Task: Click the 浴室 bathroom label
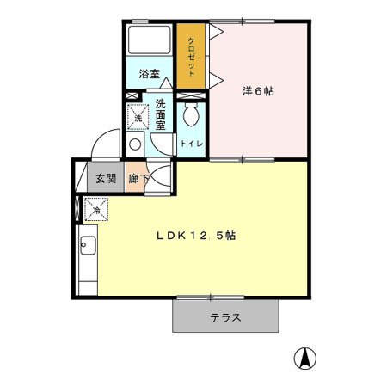pyautogui.click(x=149, y=74)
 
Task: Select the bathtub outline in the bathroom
pyautogui.click(x=150, y=42)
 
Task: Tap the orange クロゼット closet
pyautogui.click(x=192, y=55)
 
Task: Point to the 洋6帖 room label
pyautogui.click(x=258, y=89)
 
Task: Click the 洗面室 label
pyautogui.click(x=161, y=114)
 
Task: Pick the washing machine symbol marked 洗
pyautogui.click(x=138, y=117)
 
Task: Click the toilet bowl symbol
pyautogui.click(x=191, y=115)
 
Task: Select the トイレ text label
pyautogui.click(x=191, y=144)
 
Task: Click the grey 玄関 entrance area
pyautogui.click(x=105, y=179)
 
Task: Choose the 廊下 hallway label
pyautogui.click(x=137, y=179)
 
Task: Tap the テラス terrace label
pyautogui.click(x=225, y=317)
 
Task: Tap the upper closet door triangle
pyautogui.click(x=215, y=34)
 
